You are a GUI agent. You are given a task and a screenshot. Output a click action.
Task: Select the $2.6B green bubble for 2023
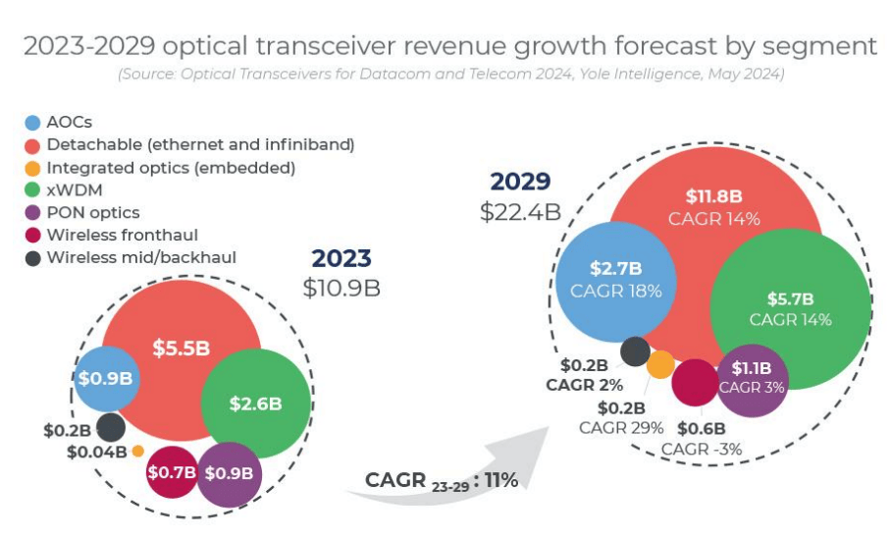pyautogui.click(x=255, y=403)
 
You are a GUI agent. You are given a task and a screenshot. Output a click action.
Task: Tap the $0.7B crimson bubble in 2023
pyautogui.click(x=171, y=472)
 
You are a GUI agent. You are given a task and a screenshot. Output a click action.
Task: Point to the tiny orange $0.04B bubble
pyautogui.click(x=137, y=451)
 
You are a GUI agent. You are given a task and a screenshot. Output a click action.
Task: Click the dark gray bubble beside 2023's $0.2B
pyautogui.click(x=111, y=428)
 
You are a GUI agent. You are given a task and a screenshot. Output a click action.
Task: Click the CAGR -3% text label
pyautogui.click(x=701, y=450)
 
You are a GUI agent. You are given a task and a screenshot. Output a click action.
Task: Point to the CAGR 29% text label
pyautogui.click(x=621, y=427)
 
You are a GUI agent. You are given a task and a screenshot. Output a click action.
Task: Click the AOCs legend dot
pyautogui.click(x=32, y=123)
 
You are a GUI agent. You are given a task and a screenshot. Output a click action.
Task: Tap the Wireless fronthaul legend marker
pyautogui.click(x=32, y=236)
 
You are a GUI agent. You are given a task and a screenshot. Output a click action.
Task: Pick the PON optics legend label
pyautogui.click(x=92, y=213)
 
